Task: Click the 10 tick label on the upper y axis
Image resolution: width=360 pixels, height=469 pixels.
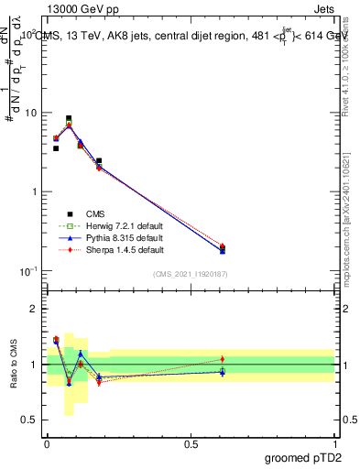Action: tap(31, 113)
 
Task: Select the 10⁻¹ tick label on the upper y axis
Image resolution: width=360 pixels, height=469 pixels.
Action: tap(27, 271)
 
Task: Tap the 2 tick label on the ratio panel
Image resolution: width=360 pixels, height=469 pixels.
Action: tap(36, 309)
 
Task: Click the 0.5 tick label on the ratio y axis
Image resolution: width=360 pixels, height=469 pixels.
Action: tap(31, 420)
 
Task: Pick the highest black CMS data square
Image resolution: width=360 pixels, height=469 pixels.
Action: tap(69, 118)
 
